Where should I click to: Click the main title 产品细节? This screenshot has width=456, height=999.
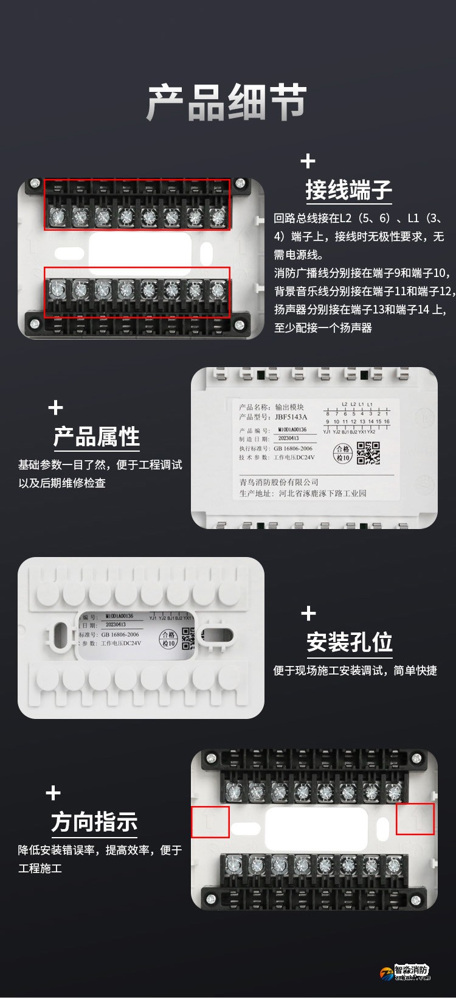point(227,102)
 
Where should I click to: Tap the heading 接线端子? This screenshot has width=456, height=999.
point(348,190)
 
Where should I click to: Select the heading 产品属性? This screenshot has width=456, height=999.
point(97,436)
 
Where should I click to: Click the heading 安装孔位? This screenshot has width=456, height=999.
point(350,642)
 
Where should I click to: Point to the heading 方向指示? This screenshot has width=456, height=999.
point(94,821)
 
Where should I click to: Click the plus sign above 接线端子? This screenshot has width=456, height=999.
point(308,161)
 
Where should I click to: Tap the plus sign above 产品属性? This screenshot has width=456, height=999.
point(55,407)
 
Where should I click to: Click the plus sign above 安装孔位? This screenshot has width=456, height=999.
point(309,613)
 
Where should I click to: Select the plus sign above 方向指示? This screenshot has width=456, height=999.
point(54,793)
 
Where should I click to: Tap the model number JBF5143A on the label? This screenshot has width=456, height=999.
point(291,417)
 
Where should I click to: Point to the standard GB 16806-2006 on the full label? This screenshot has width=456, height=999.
point(293,448)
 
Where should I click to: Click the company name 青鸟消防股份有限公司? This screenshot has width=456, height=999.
point(278,482)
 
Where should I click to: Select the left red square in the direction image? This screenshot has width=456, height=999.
point(210,822)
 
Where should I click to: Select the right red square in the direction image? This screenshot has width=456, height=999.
point(415,819)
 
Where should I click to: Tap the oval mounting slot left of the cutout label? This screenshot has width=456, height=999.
point(61,637)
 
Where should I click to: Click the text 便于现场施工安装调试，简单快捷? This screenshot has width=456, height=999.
point(354,670)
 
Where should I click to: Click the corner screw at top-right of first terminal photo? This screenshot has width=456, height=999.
point(240,183)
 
